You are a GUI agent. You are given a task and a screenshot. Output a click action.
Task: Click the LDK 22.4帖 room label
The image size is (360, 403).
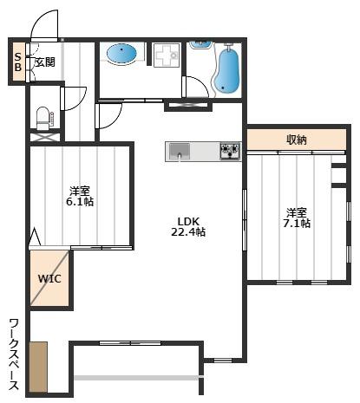188,227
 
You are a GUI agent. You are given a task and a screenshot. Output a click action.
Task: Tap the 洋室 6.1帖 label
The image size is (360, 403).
80,196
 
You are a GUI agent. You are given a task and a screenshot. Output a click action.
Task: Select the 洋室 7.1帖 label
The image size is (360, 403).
297,218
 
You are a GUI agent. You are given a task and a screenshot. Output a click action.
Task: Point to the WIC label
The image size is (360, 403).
49,279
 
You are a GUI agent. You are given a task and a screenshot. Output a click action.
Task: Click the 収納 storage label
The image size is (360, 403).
297,140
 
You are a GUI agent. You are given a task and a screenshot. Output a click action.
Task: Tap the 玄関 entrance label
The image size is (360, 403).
45,62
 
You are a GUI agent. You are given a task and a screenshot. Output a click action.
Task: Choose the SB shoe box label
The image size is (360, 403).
18,62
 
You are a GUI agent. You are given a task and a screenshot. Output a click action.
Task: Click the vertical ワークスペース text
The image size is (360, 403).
14,354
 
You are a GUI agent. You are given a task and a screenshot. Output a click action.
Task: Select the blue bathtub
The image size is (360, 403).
227,70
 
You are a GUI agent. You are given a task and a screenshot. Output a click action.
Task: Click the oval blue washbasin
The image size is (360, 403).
121,54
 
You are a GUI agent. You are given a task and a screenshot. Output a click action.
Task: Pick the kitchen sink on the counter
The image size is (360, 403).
180,151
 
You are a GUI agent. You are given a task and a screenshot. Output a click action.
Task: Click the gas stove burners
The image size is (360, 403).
230,151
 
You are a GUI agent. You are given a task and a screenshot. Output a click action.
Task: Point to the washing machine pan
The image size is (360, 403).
167,55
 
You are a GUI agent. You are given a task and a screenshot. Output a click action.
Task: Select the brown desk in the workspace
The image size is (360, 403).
38,367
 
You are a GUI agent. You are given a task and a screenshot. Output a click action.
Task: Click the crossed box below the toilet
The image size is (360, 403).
45,137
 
